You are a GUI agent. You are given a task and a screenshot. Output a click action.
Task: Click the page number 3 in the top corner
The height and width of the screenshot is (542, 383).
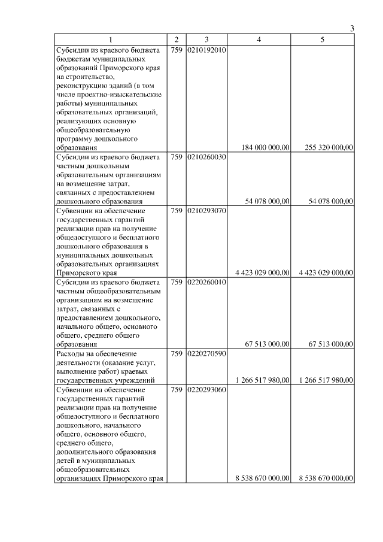point(352,29)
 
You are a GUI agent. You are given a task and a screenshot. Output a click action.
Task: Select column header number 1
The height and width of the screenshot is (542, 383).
point(111,40)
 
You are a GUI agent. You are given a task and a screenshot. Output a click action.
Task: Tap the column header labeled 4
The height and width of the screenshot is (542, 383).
point(259,40)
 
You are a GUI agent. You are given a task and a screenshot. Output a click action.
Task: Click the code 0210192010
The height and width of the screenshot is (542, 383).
point(206,50)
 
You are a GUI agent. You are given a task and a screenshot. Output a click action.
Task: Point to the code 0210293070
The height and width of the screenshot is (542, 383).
point(206,211)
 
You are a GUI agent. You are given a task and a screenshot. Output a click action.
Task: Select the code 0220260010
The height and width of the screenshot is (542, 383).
point(206,281)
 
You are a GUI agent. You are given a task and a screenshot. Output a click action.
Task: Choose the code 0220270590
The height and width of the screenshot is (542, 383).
point(206,353)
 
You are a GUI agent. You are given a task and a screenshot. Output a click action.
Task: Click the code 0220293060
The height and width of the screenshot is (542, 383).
point(206,390)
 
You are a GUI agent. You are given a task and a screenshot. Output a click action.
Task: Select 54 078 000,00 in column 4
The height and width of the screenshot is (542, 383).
point(268,202)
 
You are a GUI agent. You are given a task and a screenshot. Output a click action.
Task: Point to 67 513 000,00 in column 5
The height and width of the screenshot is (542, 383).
point(330,344)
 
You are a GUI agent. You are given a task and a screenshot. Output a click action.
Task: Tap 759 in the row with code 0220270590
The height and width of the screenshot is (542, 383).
point(177,353)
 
